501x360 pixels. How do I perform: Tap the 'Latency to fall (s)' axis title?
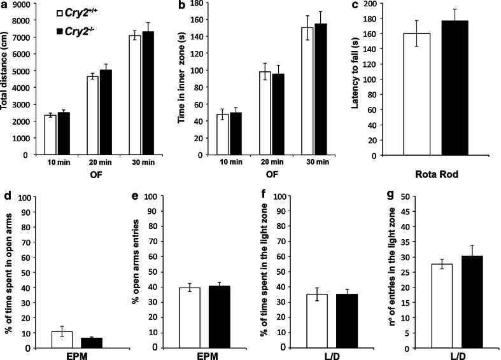click(367, 78)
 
